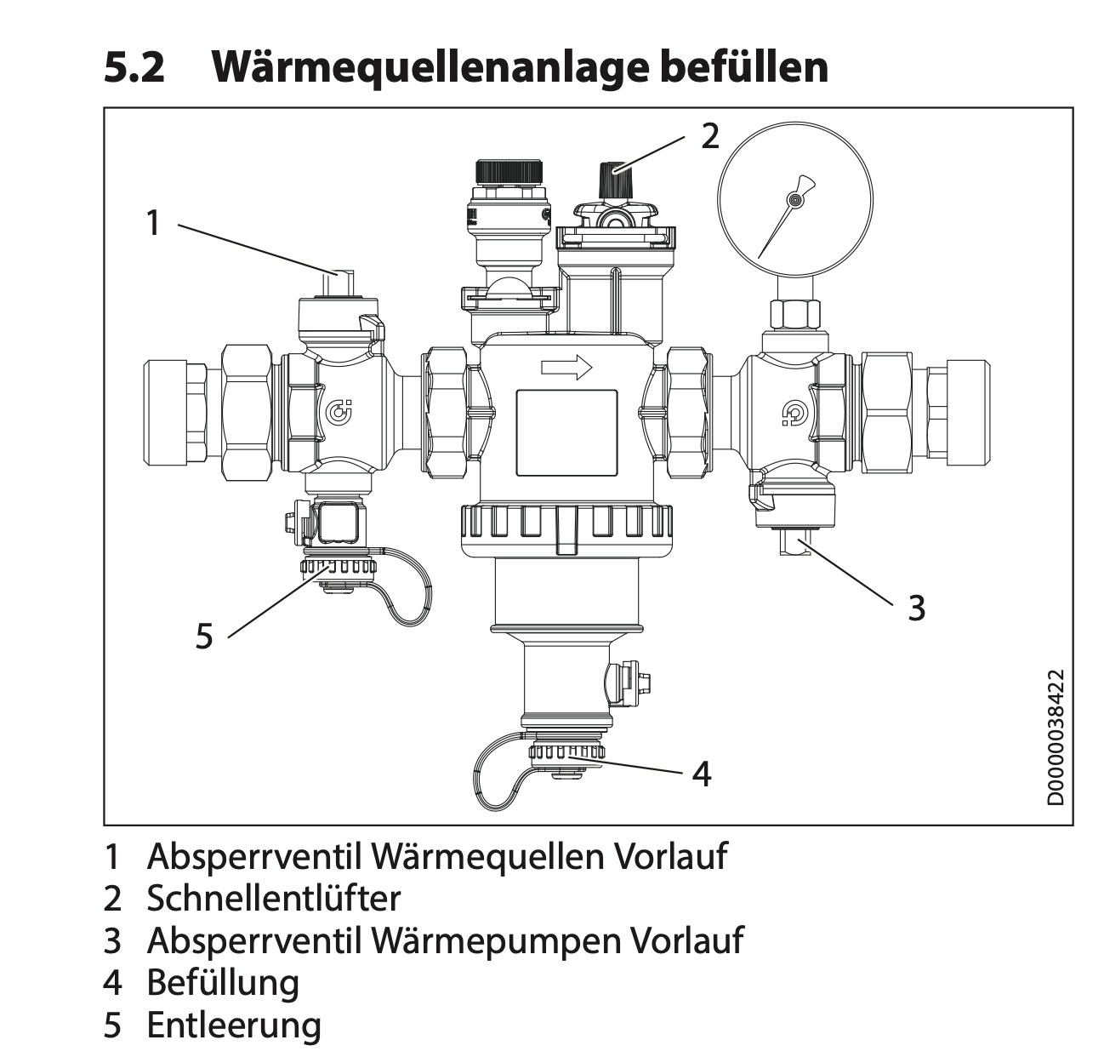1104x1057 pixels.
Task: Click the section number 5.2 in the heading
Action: coord(134,66)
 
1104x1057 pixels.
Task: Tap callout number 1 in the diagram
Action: coord(153,223)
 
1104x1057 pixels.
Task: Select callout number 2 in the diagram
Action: coord(710,136)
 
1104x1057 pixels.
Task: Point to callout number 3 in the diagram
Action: coord(915,608)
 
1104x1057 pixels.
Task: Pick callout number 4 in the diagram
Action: coord(701,774)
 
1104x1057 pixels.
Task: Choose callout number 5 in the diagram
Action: coord(204,635)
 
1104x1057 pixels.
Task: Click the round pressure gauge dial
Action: coord(794,200)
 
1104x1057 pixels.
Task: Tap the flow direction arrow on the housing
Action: coord(566,368)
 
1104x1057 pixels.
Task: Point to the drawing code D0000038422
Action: coord(1056,737)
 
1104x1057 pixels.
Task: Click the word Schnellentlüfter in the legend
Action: coord(273,897)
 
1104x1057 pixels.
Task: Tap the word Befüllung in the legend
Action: coord(223,982)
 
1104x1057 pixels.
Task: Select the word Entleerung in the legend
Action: coord(234,1025)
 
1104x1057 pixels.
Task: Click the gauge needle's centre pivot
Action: coord(794,200)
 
